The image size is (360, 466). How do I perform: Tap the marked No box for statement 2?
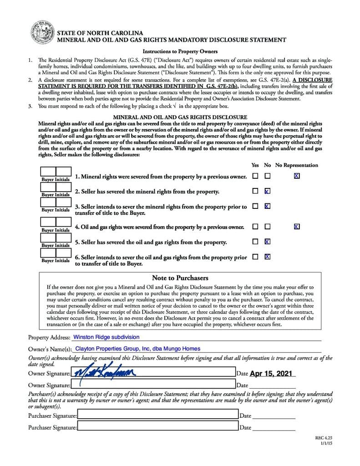[x=268, y=191]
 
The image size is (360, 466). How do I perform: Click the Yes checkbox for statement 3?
[x=255, y=206]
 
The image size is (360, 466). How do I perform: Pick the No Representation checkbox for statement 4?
[x=297, y=226]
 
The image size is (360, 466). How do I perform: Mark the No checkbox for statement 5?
[x=268, y=242]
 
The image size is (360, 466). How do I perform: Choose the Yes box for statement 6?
[x=255, y=257]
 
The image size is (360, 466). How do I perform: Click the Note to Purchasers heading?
[x=180, y=278]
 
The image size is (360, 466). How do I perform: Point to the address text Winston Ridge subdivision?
[x=106, y=337]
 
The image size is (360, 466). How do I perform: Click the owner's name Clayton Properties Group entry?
[x=137, y=349]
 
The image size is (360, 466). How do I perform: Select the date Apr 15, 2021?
[x=271, y=373]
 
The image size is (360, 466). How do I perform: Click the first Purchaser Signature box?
[x=157, y=415]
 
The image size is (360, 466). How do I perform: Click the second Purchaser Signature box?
[x=157, y=426]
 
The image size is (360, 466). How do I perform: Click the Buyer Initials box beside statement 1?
[x=56, y=172]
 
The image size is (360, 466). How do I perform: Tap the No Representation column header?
[x=297, y=165]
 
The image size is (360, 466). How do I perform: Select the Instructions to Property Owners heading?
[x=180, y=51]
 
